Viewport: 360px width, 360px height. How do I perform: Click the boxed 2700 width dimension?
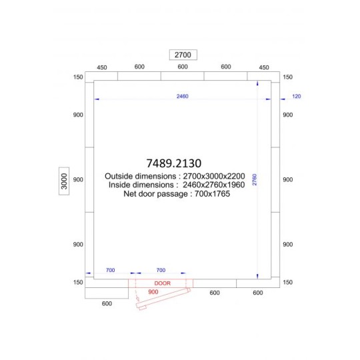click(183, 55)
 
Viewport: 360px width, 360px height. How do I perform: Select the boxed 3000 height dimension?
click(64, 181)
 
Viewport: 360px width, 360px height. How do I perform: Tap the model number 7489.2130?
click(174, 163)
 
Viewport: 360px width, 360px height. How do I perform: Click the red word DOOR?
click(162, 283)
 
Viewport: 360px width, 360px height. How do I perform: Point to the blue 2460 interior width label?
click(183, 96)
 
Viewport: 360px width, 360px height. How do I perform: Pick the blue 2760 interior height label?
click(255, 179)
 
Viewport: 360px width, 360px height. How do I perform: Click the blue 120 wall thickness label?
click(297, 96)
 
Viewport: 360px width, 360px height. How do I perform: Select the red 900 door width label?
click(153, 292)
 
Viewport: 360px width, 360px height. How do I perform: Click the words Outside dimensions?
click(141, 176)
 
